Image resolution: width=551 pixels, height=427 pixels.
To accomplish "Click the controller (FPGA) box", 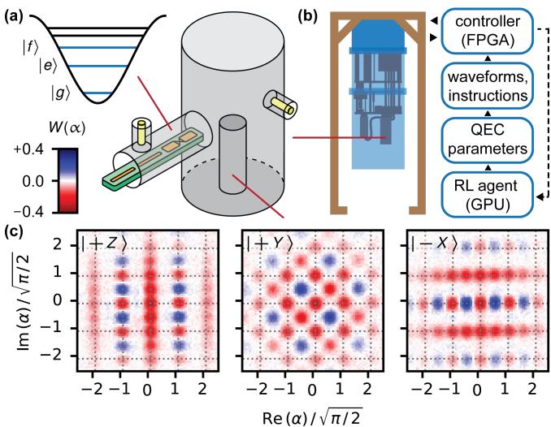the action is (x=487, y=32).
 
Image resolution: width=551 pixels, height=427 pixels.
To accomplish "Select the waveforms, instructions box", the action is (x=487, y=86).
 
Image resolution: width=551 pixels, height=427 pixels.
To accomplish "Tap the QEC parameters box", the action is (x=487, y=140).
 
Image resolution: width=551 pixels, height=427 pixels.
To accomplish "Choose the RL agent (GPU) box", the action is (x=487, y=195).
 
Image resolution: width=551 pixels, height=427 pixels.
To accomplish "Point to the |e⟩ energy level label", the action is (x=47, y=66).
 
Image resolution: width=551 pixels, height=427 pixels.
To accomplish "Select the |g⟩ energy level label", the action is (x=58, y=93).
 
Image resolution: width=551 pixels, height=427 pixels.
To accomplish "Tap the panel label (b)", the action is (x=308, y=16).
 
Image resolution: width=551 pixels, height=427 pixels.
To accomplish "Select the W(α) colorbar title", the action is (x=67, y=128).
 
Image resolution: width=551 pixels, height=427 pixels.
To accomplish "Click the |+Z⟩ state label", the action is (x=102, y=244).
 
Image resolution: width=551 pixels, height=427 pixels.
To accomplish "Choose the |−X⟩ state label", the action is (x=435, y=244).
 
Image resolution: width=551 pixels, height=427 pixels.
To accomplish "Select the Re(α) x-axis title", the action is (x=312, y=417).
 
